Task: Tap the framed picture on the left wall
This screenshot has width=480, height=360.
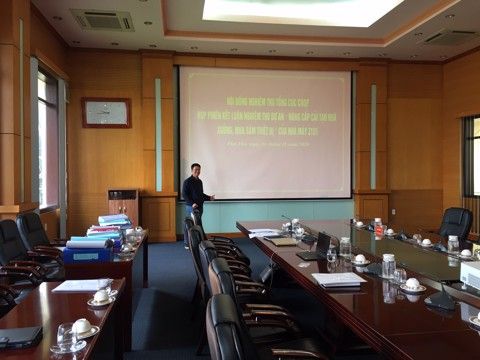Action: [x=106, y=112]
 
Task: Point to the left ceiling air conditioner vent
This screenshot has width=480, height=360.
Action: [x=101, y=20]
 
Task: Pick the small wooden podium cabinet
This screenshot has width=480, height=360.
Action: [x=123, y=205]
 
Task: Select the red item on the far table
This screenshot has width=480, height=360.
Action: [x=379, y=230]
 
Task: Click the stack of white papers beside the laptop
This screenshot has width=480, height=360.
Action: [x=339, y=279]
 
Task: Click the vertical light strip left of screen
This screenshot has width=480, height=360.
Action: [x=158, y=134]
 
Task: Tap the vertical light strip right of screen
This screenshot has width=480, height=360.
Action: [x=373, y=137]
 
